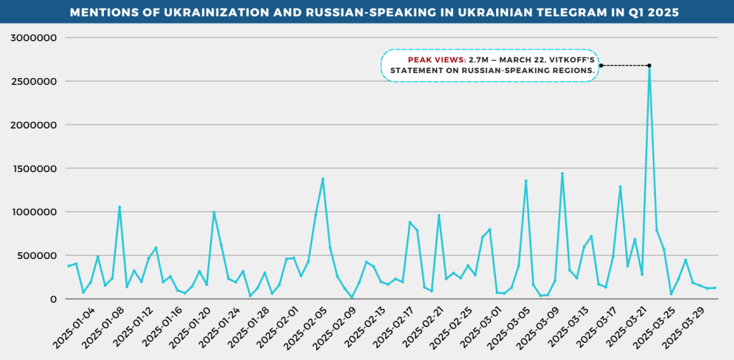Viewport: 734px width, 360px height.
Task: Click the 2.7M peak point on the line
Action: [x=649, y=66]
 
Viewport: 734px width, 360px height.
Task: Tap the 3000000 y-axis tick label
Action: [x=33, y=37]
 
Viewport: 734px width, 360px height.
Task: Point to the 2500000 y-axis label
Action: [x=33, y=81]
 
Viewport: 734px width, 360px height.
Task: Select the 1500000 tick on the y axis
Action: [x=33, y=169]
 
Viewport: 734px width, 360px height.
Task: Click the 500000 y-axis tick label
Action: [x=37, y=255]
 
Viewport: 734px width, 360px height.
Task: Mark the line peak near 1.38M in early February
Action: [x=323, y=179]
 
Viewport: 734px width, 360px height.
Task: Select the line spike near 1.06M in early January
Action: [x=120, y=207]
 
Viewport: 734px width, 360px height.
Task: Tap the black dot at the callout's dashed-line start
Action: [x=601, y=66]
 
